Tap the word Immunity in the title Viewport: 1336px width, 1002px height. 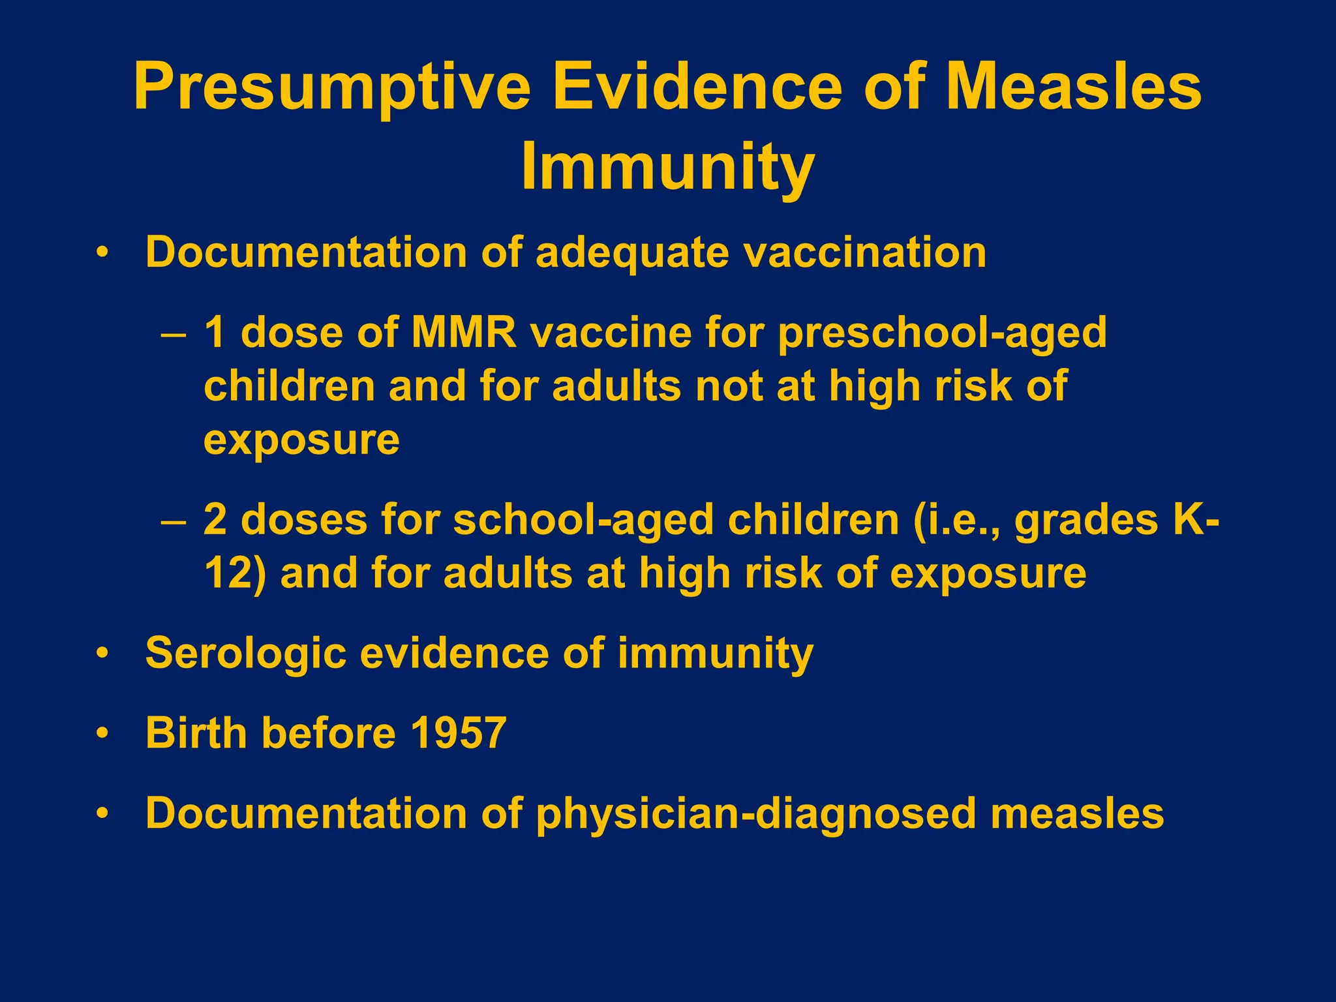point(667,167)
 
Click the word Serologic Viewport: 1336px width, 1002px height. point(245,653)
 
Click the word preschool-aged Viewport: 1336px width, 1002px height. point(942,333)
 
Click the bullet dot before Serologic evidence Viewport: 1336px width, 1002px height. point(101,653)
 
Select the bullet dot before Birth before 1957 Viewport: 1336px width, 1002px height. point(101,733)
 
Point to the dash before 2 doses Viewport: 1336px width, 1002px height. point(174,522)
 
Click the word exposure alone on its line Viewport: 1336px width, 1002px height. point(301,440)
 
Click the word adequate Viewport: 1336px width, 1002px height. point(631,252)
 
